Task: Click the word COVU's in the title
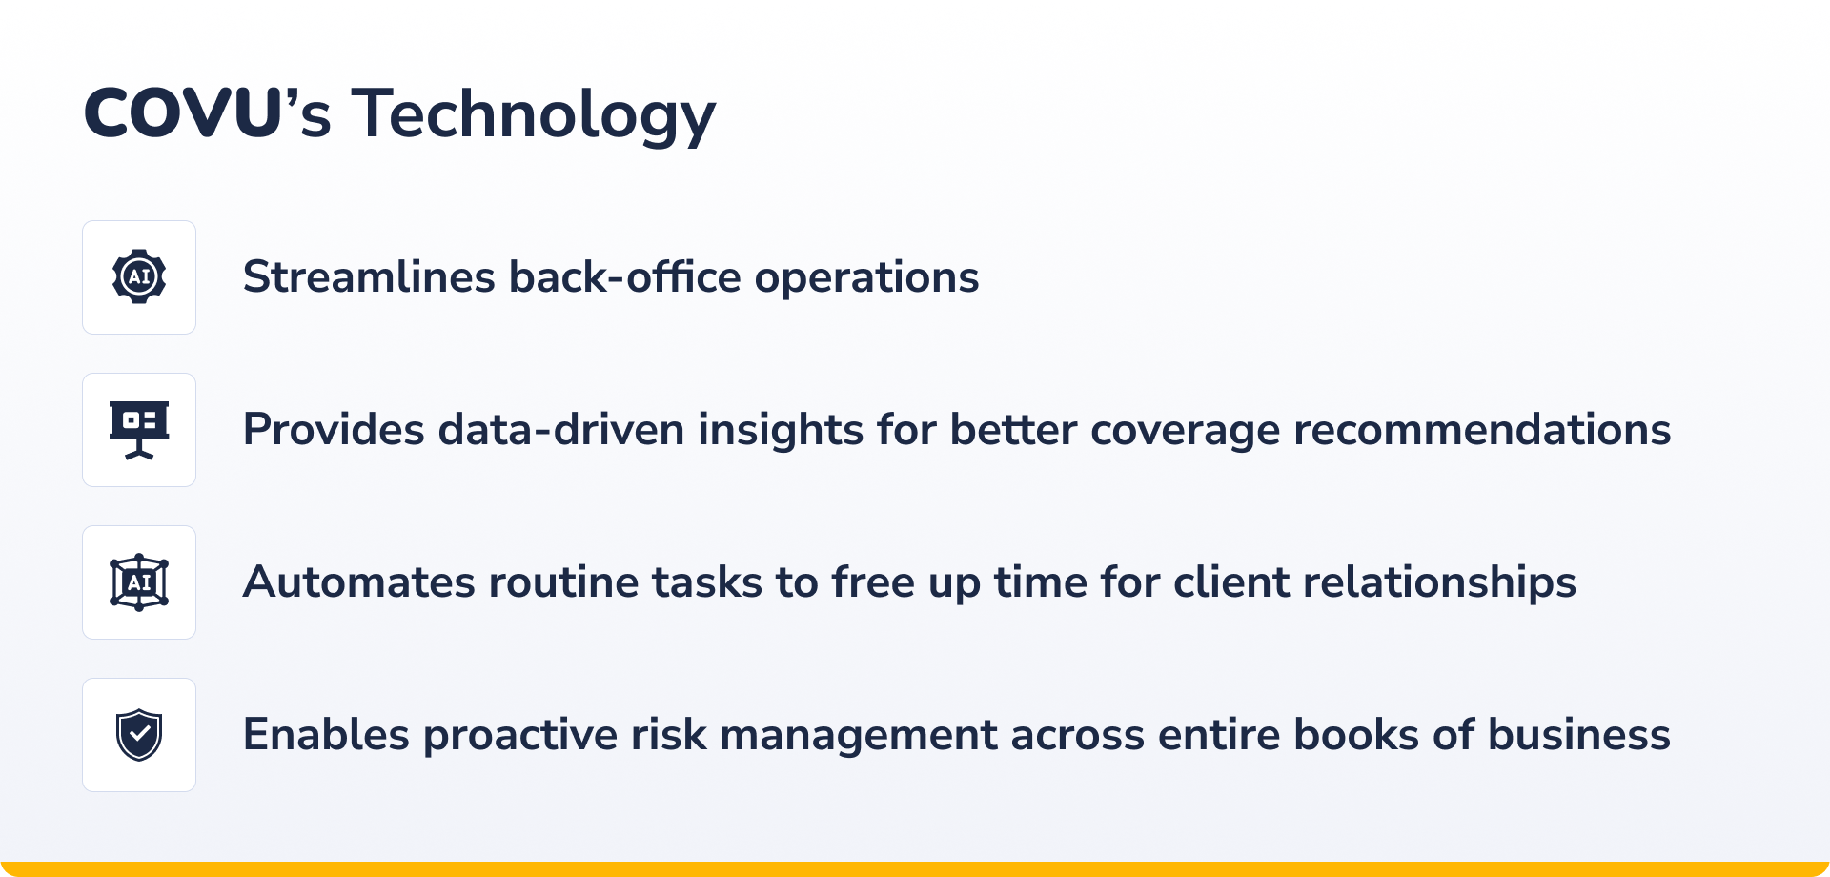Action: pos(208,113)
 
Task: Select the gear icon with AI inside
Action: pos(139,276)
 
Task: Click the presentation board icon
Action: pos(139,430)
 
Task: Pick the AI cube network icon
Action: pos(139,582)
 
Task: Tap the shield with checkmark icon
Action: pos(139,735)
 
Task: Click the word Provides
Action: pos(335,430)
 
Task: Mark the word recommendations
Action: pos(1482,430)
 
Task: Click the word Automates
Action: pos(359,582)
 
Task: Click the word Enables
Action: pos(327,735)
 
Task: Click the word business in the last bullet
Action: pos(1579,735)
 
